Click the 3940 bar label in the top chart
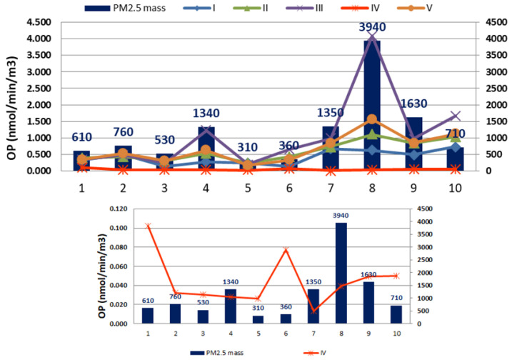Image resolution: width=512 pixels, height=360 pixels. tap(372, 27)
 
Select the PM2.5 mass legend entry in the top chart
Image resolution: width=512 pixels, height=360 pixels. tap(125, 8)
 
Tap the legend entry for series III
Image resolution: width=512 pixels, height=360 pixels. tap(305, 8)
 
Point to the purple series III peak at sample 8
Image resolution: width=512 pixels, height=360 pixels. tap(372, 34)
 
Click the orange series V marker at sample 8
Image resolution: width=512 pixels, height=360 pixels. tap(372, 119)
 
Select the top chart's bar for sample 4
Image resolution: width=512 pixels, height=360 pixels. tap(206, 149)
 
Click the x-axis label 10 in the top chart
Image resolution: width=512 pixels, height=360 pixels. tap(455, 188)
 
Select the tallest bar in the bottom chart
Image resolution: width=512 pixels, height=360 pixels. tap(341, 273)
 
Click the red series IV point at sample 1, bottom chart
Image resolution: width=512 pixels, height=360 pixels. tap(148, 226)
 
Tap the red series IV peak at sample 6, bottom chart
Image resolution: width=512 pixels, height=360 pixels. tap(286, 250)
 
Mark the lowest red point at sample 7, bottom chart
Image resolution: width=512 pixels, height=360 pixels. tap(313, 311)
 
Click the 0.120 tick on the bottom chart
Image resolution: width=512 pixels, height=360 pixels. tap(119, 209)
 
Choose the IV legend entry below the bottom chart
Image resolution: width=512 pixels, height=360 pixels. tap(315, 353)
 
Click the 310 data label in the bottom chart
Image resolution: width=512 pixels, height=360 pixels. tap(258, 308)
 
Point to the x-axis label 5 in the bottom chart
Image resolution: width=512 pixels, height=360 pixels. tap(258, 334)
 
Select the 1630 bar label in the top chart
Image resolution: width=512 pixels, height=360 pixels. tap(413, 104)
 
